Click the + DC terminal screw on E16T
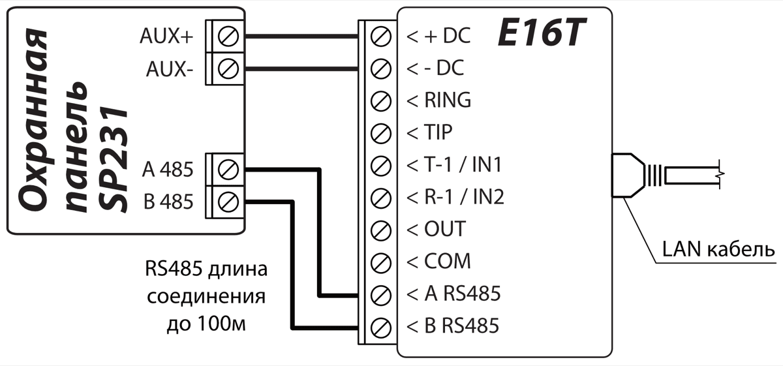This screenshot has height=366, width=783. coord(380,36)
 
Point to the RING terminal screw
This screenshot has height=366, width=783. coord(380,100)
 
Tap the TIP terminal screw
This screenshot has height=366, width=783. coord(380,133)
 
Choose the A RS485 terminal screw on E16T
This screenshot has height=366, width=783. coord(380,294)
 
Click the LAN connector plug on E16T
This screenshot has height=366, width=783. coord(630,175)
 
